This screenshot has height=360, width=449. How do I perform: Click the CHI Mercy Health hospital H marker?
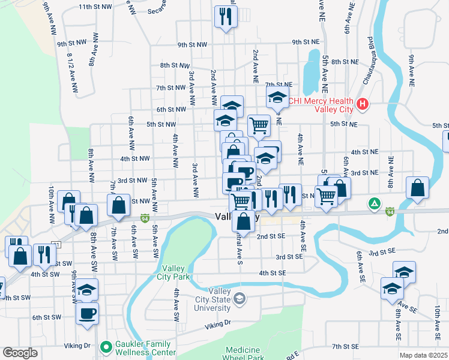coord(361,104)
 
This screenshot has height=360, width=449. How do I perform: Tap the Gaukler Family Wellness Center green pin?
coord(106,347)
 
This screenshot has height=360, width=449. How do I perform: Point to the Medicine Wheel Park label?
coord(244,353)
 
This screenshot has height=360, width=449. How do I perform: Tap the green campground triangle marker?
coord(375,204)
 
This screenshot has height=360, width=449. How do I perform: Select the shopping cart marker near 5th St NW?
coord(259,125)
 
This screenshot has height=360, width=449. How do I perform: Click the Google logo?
coord(20,352)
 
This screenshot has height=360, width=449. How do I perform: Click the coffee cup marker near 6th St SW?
coord(87,313)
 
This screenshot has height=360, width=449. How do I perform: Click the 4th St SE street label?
coord(272,272)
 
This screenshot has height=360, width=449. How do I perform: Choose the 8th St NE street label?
coord(345,61)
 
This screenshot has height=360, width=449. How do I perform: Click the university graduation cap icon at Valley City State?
coord(240,298)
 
